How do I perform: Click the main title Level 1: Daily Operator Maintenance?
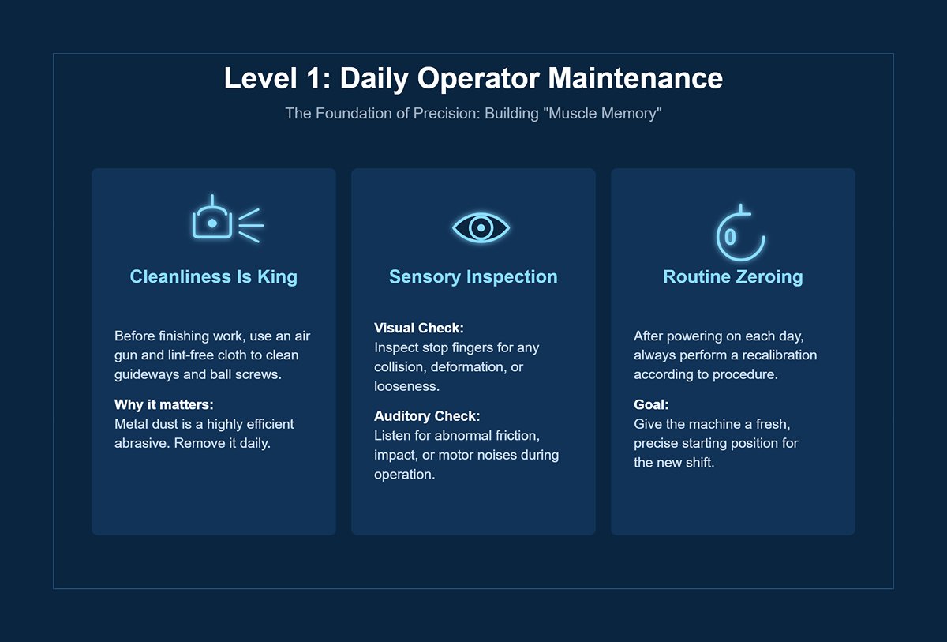pyautogui.click(x=473, y=79)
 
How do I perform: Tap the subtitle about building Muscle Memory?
pyautogui.click(x=473, y=114)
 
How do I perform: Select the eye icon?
pyautogui.click(x=481, y=227)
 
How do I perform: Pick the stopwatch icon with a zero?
pyautogui.click(x=739, y=234)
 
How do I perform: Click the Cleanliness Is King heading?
pyautogui.click(x=214, y=277)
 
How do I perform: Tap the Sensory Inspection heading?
pyautogui.click(x=473, y=277)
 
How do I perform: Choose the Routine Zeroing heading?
pyautogui.click(x=733, y=277)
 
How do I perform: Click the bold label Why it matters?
pyautogui.click(x=164, y=405)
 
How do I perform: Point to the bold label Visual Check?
pyautogui.click(x=419, y=328)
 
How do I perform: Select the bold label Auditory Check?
pyautogui.click(x=427, y=416)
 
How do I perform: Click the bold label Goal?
pyautogui.click(x=651, y=405)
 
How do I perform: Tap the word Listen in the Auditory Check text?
pyautogui.click(x=392, y=436)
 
